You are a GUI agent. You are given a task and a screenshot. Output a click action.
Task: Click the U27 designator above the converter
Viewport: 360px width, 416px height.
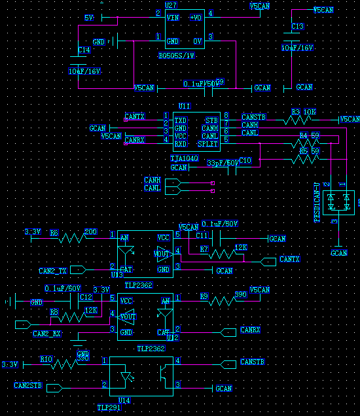171,5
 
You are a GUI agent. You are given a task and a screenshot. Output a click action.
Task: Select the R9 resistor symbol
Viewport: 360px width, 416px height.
221,301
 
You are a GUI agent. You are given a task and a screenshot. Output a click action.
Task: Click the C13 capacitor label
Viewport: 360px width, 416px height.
297,26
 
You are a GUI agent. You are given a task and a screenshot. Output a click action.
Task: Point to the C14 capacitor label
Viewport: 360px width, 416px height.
84,50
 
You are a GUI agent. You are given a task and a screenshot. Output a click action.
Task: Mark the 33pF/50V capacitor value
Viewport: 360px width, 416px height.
222,163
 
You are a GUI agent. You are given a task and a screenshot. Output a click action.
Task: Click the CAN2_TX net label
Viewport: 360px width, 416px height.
53,271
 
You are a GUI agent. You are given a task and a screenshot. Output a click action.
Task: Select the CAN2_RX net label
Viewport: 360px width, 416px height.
46,334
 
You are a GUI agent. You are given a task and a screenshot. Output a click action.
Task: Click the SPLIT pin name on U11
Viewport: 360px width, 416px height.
208,143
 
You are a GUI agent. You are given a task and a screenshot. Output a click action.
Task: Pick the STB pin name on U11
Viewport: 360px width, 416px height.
211,121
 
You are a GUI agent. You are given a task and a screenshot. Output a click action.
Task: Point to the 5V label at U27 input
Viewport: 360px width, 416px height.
90,17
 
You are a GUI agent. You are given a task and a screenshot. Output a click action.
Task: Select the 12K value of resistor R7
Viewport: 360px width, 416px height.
241,247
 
